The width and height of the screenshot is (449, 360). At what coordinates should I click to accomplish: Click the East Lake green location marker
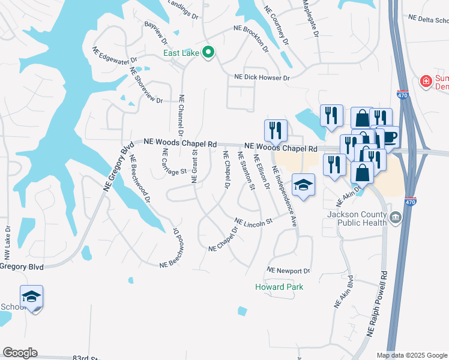click(208, 53)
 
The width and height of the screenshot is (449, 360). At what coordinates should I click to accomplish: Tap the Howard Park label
click(279, 287)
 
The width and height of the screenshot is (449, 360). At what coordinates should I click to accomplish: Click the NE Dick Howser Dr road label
click(262, 77)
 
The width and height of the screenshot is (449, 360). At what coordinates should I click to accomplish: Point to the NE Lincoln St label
click(253, 222)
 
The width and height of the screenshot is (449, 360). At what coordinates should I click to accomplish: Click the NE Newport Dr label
click(288, 271)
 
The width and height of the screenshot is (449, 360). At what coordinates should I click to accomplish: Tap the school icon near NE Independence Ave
click(303, 185)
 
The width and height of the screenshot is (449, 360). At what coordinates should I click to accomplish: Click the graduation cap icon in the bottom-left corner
click(31, 296)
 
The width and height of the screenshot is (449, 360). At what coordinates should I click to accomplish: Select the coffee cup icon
click(389, 137)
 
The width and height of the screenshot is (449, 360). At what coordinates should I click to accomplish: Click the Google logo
click(20, 353)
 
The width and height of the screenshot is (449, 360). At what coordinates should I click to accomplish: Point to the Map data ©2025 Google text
click(411, 355)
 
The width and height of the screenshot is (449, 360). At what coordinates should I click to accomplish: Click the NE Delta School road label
click(427, 20)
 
